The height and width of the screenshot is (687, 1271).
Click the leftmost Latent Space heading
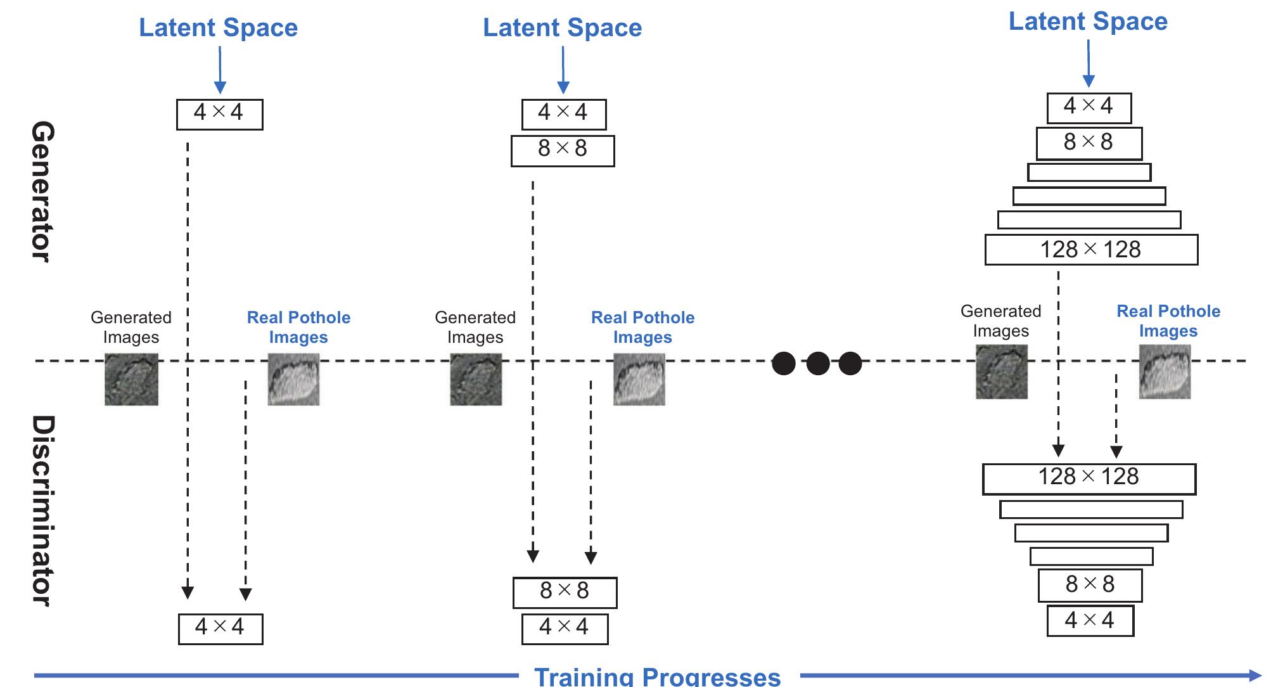coord(218,28)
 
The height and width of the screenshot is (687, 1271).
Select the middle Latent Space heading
coord(562,28)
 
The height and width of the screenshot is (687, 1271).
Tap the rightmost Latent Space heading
coord(1088,22)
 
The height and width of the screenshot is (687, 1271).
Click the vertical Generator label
coord(42,191)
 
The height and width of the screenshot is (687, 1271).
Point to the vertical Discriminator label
coord(42,511)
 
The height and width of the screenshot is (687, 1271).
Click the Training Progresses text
coord(657,676)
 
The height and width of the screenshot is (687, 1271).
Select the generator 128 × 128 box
coord(1090,250)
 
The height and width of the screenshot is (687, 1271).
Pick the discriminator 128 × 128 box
coord(1089,478)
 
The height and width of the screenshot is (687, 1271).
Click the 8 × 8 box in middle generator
coord(562,151)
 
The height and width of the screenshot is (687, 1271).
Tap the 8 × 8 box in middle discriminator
coord(564,592)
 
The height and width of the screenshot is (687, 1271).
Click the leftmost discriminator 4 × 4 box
coord(220,629)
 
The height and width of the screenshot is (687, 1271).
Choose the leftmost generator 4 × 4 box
coord(219,114)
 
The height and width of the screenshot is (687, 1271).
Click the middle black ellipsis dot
coord(817,364)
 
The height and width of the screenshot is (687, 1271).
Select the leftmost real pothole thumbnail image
coord(293,379)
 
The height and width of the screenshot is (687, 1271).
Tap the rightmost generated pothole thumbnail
coord(1001,372)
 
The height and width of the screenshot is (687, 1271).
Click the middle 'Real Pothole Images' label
coord(642,327)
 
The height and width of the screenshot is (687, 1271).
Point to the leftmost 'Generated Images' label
coord(131,327)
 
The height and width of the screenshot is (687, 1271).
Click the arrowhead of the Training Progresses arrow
coord(1255,676)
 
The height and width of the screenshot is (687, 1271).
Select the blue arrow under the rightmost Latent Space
coord(1088,63)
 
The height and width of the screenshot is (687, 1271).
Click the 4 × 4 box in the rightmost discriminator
coord(1090,620)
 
